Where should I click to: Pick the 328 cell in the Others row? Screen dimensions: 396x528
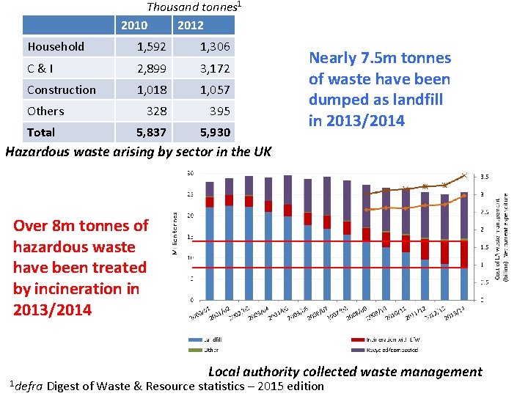(x=157, y=111)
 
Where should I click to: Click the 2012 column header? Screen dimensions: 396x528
(x=190, y=26)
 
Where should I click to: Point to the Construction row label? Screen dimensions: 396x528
(x=62, y=90)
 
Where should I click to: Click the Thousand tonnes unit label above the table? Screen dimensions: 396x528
(x=193, y=7)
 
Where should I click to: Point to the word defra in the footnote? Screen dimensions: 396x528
(x=29, y=386)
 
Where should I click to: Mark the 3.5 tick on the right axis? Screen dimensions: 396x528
(x=485, y=177)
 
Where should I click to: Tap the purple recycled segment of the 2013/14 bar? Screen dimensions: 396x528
(x=463, y=216)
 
